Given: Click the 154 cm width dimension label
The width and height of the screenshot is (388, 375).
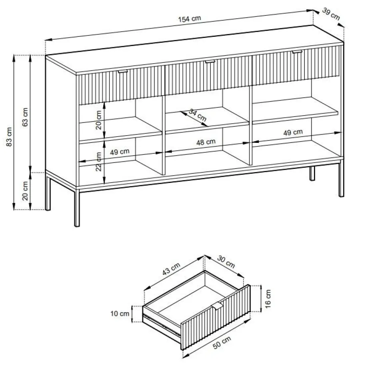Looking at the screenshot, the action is click(190, 18).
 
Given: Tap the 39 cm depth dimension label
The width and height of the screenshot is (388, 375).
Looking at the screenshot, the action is click(331, 14).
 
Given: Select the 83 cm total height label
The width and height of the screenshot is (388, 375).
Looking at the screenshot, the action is click(9, 137).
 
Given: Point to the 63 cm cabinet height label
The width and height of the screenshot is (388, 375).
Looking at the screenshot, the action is click(25, 117).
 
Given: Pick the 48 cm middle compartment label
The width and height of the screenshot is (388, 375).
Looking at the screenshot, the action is click(206, 142).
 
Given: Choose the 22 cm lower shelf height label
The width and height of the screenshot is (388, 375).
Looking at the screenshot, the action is click(98, 161).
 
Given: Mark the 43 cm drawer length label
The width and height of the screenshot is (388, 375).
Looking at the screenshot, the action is click(171, 269).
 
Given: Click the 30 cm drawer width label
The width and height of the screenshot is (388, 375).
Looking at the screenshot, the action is click(226, 262).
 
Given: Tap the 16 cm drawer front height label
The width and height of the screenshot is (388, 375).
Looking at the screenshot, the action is click(268, 299).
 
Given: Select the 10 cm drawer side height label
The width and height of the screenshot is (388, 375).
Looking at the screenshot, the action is click(120, 314).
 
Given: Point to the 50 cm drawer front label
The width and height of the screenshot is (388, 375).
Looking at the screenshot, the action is click(222, 343).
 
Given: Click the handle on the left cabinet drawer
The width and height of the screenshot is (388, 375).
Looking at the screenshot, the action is click(123, 71).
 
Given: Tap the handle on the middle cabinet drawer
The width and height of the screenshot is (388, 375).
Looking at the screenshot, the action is click(210, 61).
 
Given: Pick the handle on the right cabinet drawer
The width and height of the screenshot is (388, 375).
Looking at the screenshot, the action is click(297, 52).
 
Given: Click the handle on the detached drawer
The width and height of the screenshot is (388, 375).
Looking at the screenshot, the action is click(218, 305).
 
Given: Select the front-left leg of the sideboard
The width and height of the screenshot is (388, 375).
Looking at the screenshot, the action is click(77, 207).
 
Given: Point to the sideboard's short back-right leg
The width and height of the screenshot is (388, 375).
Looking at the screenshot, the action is click(312, 173).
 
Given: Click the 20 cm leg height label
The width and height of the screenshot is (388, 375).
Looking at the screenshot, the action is click(25, 191).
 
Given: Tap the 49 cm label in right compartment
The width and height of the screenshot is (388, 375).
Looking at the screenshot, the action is click(293, 132).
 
